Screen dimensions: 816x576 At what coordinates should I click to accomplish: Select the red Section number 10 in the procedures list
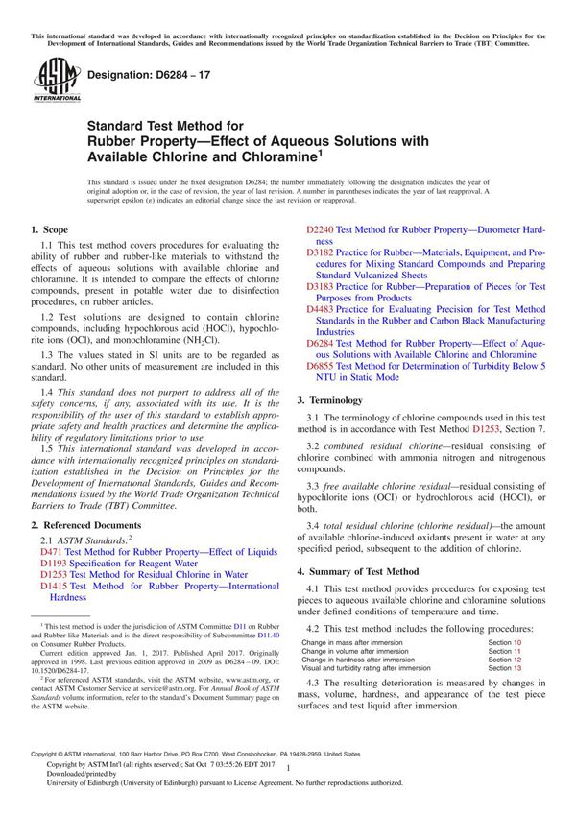tap(518, 641)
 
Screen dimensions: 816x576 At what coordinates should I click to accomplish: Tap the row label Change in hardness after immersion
tap(358, 660)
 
